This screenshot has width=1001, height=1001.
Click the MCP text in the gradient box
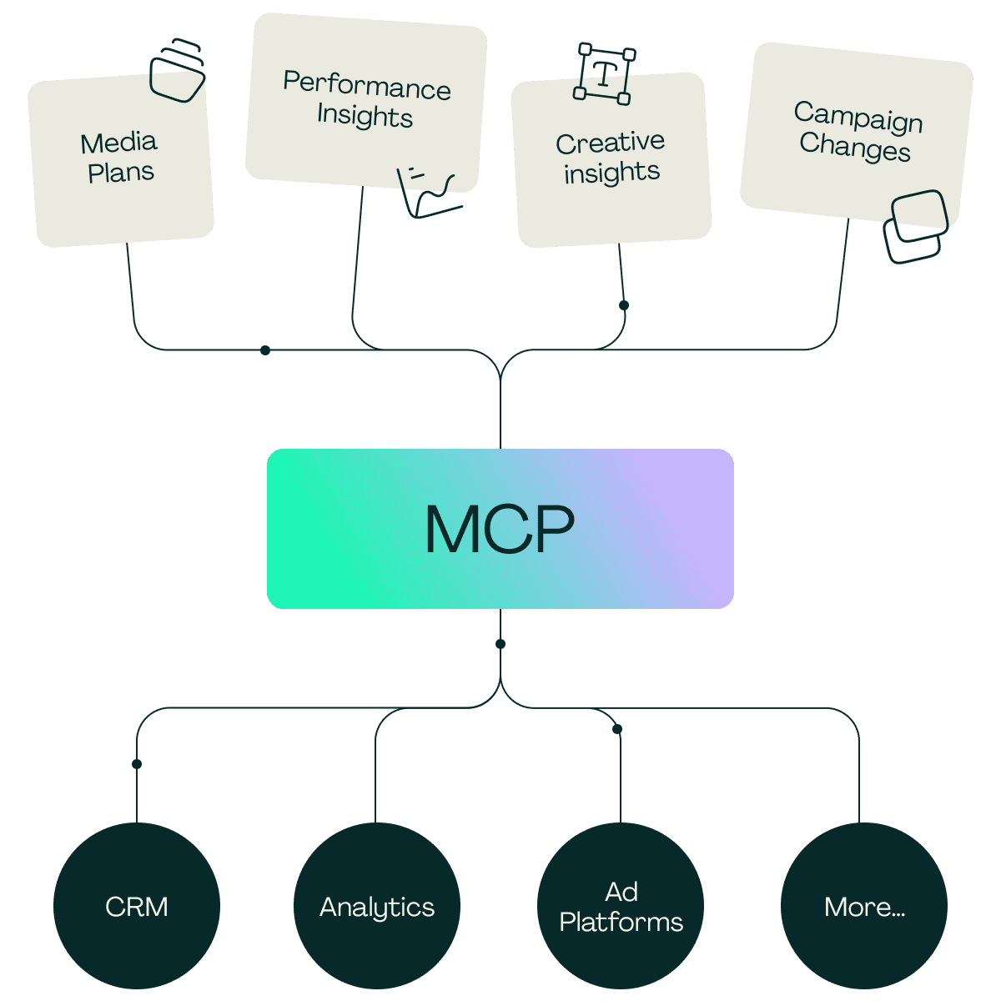pyautogui.click(x=500, y=529)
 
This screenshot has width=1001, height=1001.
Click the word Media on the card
pyautogui.click(x=118, y=143)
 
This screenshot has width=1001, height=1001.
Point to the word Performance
pyautogui.click(x=367, y=85)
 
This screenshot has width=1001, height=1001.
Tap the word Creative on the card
pyautogui.click(x=610, y=143)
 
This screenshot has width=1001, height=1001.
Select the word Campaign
pyautogui.click(x=858, y=118)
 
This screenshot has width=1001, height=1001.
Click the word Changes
pyautogui.click(x=854, y=146)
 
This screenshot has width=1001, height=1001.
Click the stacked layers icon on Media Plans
pyautogui.click(x=177, y=70)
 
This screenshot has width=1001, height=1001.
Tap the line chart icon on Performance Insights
pyautogui.click(x=429, y=192)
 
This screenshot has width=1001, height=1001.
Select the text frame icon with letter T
pyautogui.click(x=604, y=73)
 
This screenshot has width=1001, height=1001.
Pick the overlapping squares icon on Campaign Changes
pyautogui.click(x=916, y=227)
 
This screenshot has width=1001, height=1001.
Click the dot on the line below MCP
pyautogui.click(x=500, y=644)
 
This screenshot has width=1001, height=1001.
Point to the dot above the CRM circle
pyautogui.click(x=137, y=763)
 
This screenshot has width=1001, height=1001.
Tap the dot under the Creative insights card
pyautogui.click(x=624, y=305)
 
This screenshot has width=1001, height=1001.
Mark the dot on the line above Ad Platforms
pyautogui.click(x=617, y=729)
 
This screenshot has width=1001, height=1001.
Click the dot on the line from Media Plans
pyautogui.click(x=265, y=350)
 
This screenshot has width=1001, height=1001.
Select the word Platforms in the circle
pyautogui.click(x=621, y=922)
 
